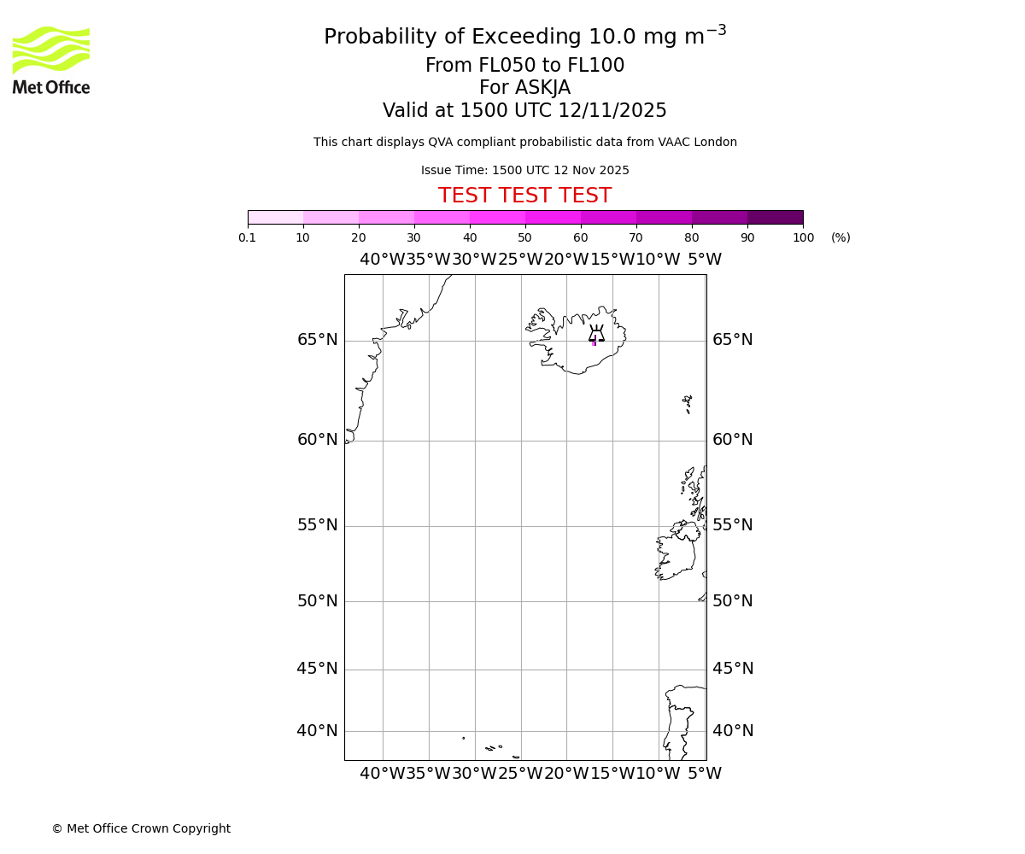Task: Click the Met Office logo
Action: click(51, 60)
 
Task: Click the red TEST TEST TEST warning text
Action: click(524, 196)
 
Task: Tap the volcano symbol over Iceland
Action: click(596, 334)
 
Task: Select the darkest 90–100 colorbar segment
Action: click(775, 217)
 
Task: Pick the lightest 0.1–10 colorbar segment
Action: click(275, 217)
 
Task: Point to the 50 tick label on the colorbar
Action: click(524, 237)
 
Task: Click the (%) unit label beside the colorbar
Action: click(840, 237)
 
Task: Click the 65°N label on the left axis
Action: click(317, 340)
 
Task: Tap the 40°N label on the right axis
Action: click(733, 731)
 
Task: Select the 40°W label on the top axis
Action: click(382, 260)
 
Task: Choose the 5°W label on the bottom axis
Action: click(705, 774)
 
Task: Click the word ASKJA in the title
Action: click(542, 88)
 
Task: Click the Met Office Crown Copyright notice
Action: click(141, 828)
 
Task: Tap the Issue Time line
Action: click(524, 170)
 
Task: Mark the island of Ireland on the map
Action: click(675, 556)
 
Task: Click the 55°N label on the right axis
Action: click(733, 525)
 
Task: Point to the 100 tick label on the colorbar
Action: click(803, 237)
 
